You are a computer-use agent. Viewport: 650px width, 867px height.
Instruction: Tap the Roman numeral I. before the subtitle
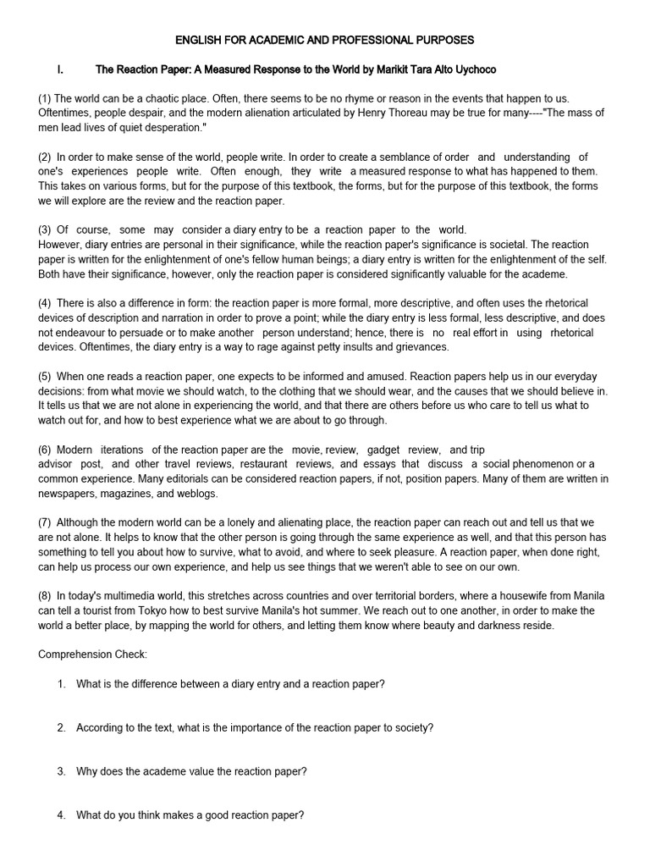click(x=61, y=69)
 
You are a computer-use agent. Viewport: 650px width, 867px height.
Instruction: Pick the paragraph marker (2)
click(x=45, y=157)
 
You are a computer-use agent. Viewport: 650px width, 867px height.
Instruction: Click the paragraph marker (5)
click(x=45, y=376)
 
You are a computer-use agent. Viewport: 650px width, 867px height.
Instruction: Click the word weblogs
click(x=192, y=494)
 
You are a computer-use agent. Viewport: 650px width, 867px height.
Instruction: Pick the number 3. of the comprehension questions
click(x=62, y=771)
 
